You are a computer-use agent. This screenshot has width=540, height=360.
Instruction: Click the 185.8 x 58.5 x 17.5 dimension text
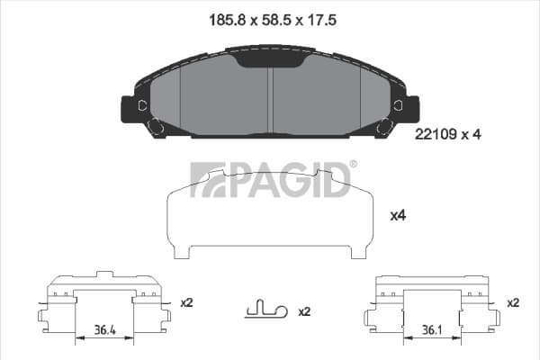273,21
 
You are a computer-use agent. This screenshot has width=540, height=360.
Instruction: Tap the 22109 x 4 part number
447,134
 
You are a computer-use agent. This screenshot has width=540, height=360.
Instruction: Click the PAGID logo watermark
270,180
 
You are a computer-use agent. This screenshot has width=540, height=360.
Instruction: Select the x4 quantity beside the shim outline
398,216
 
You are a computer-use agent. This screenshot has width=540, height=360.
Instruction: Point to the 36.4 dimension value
105,330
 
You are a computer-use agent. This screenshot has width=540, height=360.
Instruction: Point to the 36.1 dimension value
432,330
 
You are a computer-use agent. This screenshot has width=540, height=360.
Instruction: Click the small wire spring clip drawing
265,309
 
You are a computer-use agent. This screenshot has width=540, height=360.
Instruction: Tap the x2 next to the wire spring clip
304,311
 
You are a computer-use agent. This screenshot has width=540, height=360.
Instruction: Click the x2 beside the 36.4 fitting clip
186,302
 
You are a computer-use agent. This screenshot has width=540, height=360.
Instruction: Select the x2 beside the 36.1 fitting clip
513,302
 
